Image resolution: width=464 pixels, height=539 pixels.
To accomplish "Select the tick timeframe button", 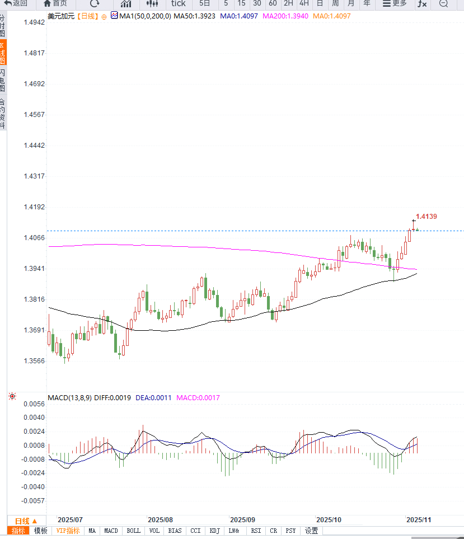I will click(178, 3).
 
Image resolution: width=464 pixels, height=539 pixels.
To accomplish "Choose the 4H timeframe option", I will click(304, 3).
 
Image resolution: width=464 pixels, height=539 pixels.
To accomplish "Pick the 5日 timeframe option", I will click(205, 3).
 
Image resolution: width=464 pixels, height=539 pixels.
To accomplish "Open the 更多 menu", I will click(395, 3).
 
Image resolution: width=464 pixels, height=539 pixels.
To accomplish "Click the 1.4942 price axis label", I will click(34, 22).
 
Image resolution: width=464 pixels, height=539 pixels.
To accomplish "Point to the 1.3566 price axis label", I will click(34, 360).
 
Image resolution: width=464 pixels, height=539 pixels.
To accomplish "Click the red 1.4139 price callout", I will click(426, 217).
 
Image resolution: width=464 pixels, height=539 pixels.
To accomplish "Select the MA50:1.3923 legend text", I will click(195, 16).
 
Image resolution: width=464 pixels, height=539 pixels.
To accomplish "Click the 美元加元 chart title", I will click(59, 16).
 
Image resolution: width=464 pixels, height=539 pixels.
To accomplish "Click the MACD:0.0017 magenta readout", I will click(198, 398).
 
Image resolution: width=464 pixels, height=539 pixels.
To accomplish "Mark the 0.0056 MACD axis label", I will click(34, 404).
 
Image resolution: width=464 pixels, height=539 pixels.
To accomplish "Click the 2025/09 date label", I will click(242, 519).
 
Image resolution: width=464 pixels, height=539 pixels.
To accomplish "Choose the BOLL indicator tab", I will click(133, 531).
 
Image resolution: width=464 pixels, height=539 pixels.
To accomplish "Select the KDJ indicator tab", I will click(214, 531).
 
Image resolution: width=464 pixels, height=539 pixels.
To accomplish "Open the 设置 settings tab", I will click(311, 531).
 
